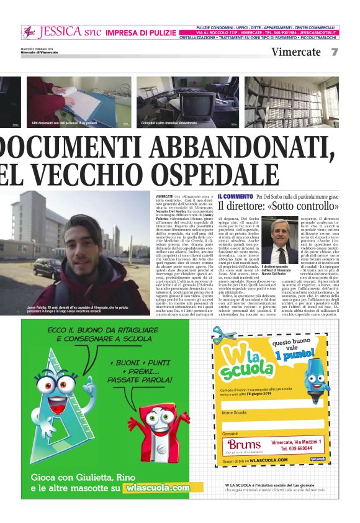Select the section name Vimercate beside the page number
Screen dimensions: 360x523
point(296,52)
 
